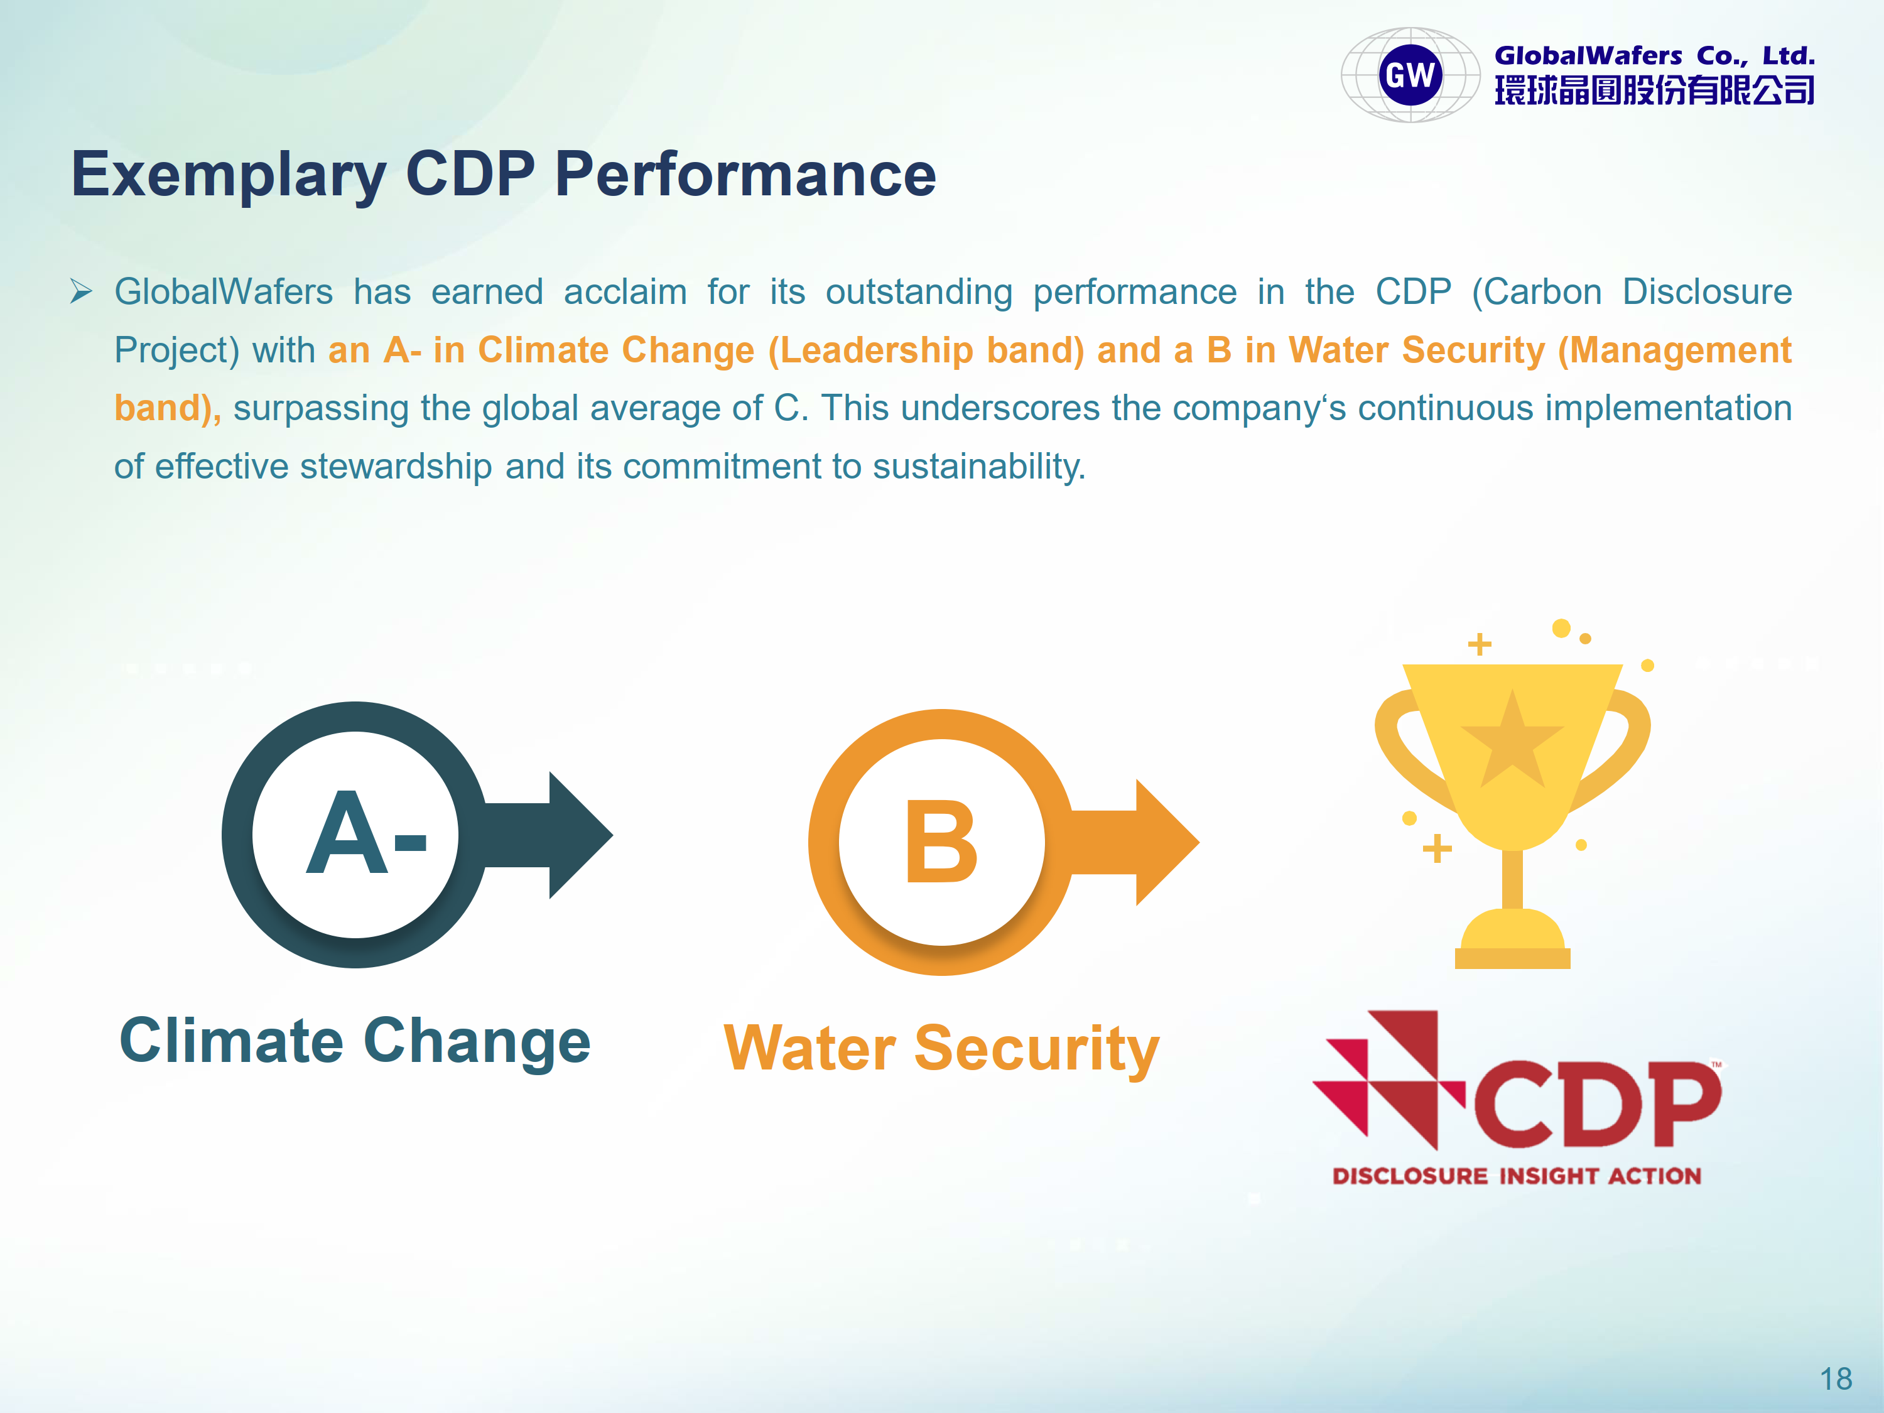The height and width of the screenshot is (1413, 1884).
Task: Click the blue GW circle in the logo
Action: [1410, 75]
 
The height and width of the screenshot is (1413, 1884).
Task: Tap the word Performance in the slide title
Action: [745, 174]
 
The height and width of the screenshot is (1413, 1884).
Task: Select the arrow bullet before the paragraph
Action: [81, 291]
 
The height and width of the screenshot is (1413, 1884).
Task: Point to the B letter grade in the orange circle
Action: [941, 842]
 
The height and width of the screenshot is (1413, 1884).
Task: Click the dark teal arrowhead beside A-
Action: [581, 835]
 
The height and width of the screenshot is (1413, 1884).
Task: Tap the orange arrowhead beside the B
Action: [1167, 842]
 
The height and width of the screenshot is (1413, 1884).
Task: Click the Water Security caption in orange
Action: [941, 1049]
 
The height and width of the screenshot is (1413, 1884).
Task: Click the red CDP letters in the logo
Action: [1597, 1104]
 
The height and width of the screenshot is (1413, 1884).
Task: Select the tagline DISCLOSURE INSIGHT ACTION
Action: [1517, 1176]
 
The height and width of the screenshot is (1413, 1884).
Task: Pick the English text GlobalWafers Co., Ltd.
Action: [1655, 57]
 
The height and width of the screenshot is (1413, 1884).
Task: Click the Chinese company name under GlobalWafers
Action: [1655, 89]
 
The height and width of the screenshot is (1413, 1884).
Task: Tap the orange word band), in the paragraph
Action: [168, 408]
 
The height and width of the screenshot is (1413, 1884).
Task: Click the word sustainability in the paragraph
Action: [978, 467]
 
